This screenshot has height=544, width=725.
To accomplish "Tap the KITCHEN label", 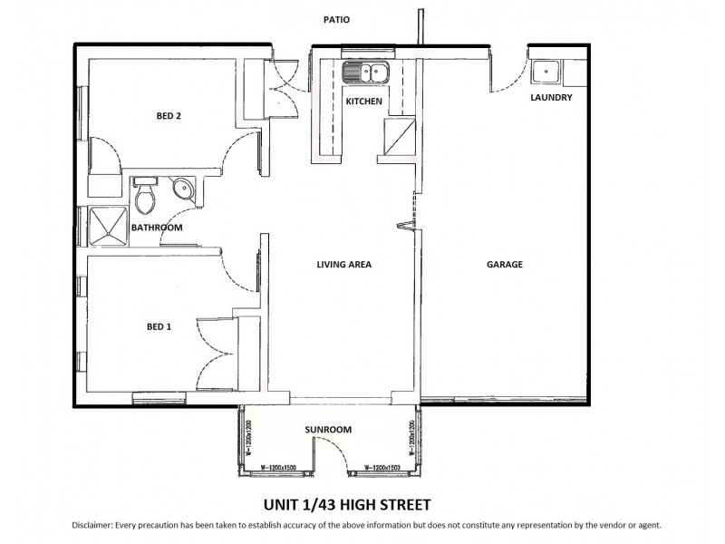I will [x=364, y=102].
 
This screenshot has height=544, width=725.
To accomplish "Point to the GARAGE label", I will [x=505, y=265].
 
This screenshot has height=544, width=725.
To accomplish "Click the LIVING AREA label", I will [x=344, y=265].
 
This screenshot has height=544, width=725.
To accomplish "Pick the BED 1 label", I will [x=159, y=327].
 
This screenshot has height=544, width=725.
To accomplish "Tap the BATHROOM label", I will [x=157, y=228].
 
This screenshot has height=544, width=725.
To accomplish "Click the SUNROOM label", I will [x=329, y=430].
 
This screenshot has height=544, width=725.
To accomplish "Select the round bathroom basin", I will [x=182, y=189].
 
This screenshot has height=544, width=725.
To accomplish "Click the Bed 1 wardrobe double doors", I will [x=216, y=349].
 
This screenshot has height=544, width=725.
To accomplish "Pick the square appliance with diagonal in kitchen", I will [x=399, y=137].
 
